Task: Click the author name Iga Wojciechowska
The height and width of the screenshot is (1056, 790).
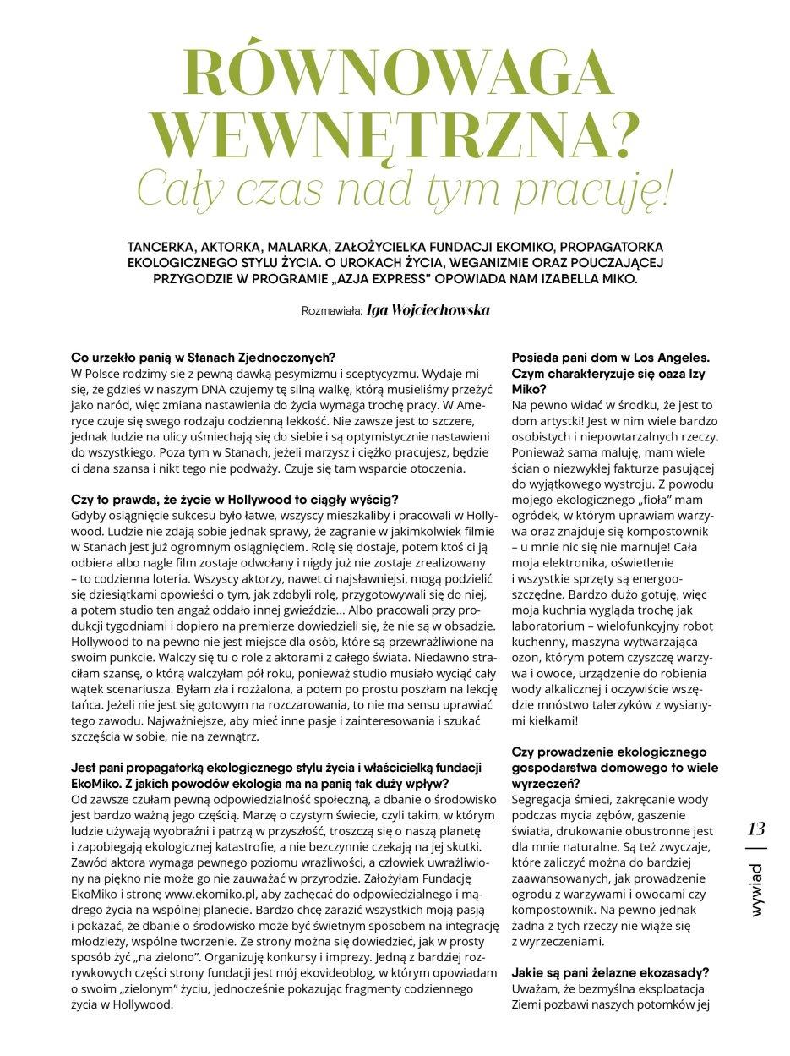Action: [428, 310]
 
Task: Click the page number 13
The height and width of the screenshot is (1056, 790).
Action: [757, 829]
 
